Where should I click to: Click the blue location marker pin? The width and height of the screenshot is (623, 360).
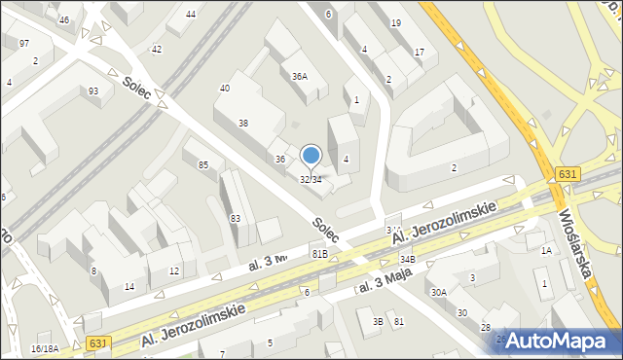(311, 155)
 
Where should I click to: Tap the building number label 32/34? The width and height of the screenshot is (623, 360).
(311, 179)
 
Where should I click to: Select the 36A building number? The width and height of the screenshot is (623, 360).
(300, 76)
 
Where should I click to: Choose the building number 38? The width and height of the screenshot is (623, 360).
(242, 124)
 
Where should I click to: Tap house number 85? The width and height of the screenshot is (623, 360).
(203, 164)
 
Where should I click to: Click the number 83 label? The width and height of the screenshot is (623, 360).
(235, 218)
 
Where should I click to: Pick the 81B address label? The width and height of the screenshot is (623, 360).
(319, 253)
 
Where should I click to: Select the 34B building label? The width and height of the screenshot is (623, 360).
(407, 260)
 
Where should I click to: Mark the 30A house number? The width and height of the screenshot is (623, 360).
(439, 292)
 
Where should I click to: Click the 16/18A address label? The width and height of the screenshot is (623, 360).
(45, 348)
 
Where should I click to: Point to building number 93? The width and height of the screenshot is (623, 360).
(93, 91)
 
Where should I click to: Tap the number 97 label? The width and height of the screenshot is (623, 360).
(23, 44)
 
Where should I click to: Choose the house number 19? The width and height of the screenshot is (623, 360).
(395, 22)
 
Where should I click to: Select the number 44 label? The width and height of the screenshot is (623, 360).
(190, 14)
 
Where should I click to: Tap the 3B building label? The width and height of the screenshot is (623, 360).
(377, 321)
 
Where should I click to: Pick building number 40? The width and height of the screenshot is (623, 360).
(224, 88)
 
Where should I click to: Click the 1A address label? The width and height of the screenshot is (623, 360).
(546, 251)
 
